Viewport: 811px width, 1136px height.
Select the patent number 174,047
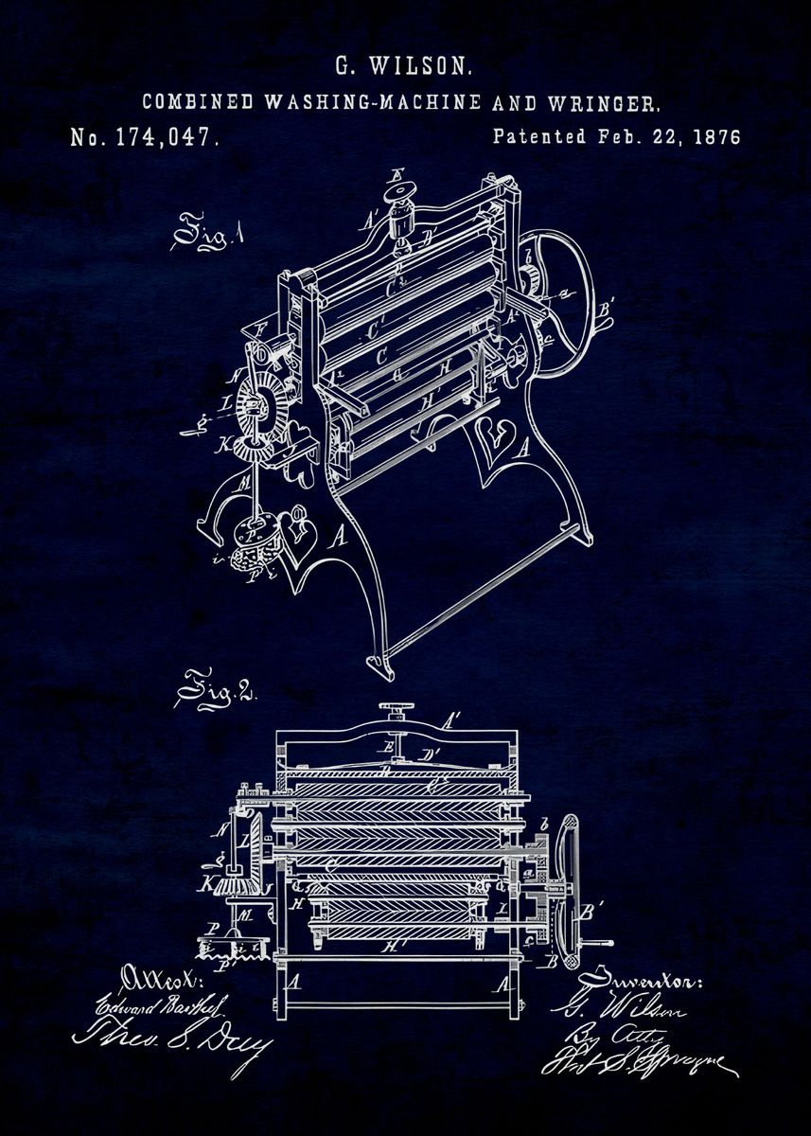tap(167, 137)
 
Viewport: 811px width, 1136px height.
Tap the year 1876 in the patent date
tap(716, 136)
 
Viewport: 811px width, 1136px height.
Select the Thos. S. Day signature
tap(170, 1036)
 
